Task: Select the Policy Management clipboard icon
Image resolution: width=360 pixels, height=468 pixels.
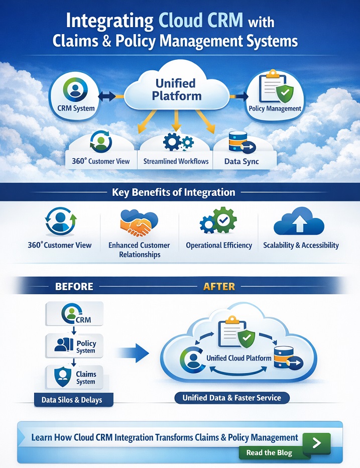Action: [x=275, y=87]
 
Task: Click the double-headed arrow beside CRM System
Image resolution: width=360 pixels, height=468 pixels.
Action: [x=106, y=95]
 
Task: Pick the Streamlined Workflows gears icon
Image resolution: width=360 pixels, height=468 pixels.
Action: [x=176, y=142]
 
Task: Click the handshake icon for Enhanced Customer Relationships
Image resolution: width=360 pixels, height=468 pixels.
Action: [x=139, y=224]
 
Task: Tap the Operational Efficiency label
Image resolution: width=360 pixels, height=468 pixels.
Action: [x=219, y=246]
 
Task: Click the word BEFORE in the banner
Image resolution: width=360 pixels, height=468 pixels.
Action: [x=74, y=286]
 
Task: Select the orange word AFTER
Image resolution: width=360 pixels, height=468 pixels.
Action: [x=219, y=286]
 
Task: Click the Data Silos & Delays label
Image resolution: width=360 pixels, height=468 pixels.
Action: [x=74, y=400]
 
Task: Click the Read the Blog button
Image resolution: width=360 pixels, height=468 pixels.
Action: [x=269, y=452]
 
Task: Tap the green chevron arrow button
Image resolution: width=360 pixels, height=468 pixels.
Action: [x=316, y=442]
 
